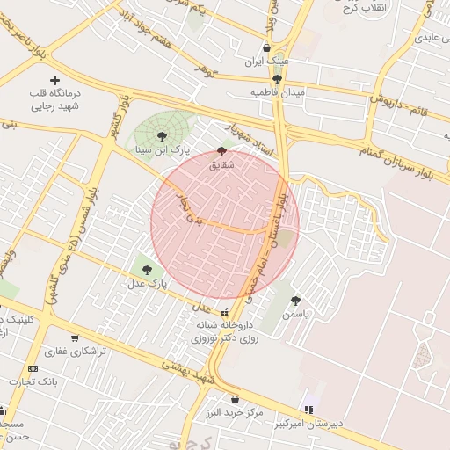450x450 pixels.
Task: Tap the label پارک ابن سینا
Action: tap(163, 149)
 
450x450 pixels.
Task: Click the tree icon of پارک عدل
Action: tap(146, 270)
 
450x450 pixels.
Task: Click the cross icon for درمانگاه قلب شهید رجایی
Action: tap(55, 80)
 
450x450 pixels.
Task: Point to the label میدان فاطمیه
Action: tap(277, 92)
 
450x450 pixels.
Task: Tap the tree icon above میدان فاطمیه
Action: tap(277, 79)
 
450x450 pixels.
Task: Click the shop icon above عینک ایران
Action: tap(266, 47)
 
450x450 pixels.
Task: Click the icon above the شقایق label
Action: tap(221, 151)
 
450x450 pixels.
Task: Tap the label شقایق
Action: tap(221, 164)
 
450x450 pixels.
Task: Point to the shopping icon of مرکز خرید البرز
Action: tap(235, 400)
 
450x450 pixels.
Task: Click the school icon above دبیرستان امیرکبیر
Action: tap(308, 409)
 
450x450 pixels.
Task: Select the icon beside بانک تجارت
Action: tap(33, 368)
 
